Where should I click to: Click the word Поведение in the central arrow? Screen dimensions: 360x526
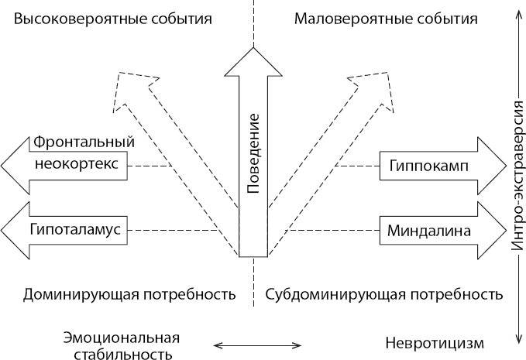pos(253,153)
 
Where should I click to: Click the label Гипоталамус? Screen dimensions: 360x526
pos(77,230)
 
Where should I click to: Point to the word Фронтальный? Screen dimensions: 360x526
pos(84,142)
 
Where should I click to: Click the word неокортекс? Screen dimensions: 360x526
pos(77,166)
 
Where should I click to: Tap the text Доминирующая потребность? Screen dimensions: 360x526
pos(129,294)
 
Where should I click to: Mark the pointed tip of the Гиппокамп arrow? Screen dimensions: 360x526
pos(498,166)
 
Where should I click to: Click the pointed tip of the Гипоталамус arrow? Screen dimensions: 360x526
pos(4,230)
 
